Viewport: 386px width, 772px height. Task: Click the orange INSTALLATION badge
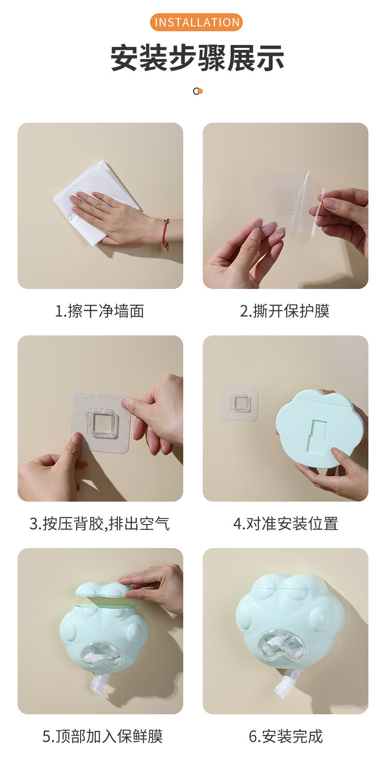(197, 22)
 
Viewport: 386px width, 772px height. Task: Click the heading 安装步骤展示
(197, 58)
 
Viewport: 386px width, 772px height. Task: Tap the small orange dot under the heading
(200, 91)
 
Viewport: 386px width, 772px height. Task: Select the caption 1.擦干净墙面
(100, 311)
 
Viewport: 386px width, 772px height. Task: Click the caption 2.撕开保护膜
(285, 311)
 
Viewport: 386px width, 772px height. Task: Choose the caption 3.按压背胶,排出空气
(100, 524)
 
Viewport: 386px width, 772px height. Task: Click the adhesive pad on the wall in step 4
(240, 403)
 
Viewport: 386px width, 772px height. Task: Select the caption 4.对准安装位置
(285, 524)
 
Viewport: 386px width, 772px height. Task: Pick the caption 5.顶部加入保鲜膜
(103, 736)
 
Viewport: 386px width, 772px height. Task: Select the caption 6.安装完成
(285, 736)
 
